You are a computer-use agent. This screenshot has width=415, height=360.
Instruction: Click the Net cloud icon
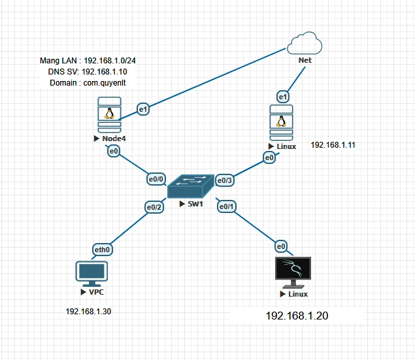[305, 44]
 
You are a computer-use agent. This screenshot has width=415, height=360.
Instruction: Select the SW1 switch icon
[191, 187]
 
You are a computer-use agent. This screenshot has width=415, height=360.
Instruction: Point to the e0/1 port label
[227, 206]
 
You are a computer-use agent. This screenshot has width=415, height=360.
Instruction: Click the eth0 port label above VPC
[102, 249]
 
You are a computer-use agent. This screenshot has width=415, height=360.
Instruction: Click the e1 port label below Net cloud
[283, 97]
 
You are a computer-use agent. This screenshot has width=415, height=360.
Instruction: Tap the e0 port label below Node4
[114, 152]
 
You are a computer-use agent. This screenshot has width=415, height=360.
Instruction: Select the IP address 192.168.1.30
[88, 312]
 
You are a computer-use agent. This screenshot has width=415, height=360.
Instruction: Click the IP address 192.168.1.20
[297, 316]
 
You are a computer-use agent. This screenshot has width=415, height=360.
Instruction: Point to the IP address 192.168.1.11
[333, 145]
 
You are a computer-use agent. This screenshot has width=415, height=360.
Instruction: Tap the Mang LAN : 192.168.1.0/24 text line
[91, 60]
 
